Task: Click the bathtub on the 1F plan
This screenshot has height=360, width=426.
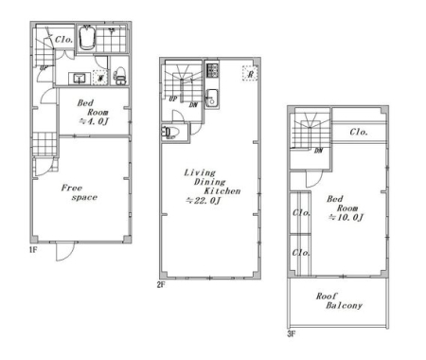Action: tap(87, 39)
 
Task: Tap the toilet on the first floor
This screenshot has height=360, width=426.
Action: tap(120, 76)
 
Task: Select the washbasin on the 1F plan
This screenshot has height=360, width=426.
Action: tap(80, 78)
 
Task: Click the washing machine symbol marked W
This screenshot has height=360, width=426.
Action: tap(100, 78)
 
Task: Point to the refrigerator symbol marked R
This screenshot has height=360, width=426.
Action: tap(251, 73)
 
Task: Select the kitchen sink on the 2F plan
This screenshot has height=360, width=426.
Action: tap(211, 99)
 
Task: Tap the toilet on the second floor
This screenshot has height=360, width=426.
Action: tap(170, 133)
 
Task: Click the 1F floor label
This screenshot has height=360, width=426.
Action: tap(33, 250)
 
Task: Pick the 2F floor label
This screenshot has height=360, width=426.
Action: tap(161, 285)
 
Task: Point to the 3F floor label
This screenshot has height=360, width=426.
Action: tap(292, 333)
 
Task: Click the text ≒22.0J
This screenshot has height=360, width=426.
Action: tap(204, 200)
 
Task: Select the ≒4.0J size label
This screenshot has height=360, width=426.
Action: tap(94, 121)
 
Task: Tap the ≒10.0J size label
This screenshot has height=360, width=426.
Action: tap(346, 217)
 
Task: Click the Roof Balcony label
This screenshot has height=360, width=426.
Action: tap(340, 300)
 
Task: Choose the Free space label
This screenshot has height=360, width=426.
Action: tap(80, 192)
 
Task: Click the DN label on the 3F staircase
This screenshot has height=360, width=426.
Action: tap(318, 151)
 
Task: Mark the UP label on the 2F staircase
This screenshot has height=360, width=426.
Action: tap(173, 99)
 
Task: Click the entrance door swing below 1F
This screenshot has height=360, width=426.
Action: tap(65, 252)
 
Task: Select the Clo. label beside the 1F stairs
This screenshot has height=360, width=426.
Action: tap(64, 40)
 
